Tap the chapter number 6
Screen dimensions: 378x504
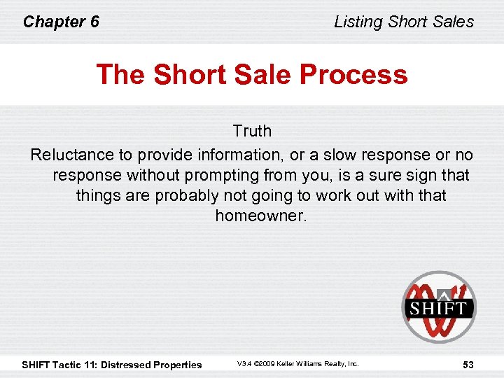94,22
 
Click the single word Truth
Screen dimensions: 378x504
252,131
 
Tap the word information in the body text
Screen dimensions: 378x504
241,155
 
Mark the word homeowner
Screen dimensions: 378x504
261,216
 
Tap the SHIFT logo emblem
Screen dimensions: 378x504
438,307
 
